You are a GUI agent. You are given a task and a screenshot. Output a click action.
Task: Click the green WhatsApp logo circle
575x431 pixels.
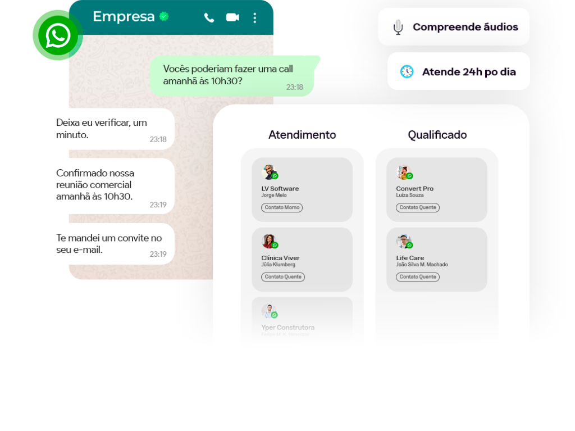pos(57,35)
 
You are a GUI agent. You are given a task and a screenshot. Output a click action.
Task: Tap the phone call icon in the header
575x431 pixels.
pos(209,17)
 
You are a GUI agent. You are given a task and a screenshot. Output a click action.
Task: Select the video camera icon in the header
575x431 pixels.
pos(232,17)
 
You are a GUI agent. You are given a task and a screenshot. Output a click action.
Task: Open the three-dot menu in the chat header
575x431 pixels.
pos(255,17)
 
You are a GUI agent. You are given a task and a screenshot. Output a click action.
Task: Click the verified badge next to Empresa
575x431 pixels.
pos(164,17)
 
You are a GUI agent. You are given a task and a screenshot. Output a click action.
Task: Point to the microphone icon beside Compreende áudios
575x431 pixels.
pos(398,27)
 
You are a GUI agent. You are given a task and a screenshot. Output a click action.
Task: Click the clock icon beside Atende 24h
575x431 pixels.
pos(407,71)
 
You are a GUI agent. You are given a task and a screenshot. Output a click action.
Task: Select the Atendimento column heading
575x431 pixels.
pos(302,135)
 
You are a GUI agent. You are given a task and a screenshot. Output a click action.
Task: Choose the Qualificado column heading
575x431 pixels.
pos(437,135)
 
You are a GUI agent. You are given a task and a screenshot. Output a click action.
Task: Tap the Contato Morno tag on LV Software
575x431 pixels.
pos(282,207)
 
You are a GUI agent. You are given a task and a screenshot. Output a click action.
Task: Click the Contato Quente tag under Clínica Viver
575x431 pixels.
pos(283,277)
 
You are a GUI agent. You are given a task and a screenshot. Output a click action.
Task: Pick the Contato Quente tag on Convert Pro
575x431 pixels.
pos(418,207)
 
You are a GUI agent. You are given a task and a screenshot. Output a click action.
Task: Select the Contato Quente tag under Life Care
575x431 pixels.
pos(418,277)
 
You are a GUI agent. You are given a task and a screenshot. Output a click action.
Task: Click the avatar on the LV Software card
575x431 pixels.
pos(270,172)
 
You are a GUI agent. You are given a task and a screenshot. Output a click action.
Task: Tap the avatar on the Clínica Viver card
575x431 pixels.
pos(270,242)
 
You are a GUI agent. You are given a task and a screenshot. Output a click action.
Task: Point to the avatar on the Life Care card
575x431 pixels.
pos(404,242)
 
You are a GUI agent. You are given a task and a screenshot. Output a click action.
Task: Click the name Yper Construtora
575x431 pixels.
pos(287,327)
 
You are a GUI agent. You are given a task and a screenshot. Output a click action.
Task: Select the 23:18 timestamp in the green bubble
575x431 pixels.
pos(294,87)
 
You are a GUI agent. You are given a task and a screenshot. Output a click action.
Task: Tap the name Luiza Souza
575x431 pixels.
pos(409,196)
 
